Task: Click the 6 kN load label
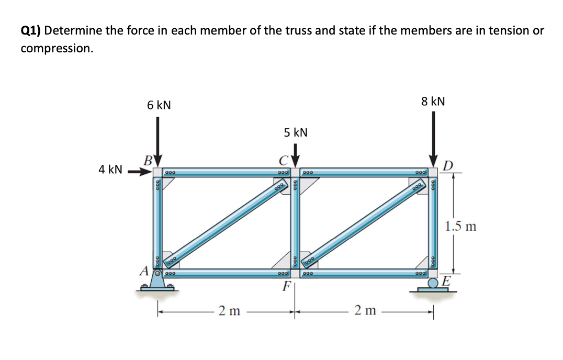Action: pyautogui.click(x=159, y=105)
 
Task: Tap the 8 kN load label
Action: pyautogui.click(x=433, y=101)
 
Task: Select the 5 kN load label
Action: pyautogui.click(x=296, y=132)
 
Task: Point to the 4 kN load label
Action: pyautogui.click(x=110, y=170)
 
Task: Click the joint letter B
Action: pyautogui.click(x=148, y=160)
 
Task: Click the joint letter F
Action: pyautogui.click(x=286, y=287)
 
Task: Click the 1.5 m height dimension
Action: pyautogui.click(x=460, y=227)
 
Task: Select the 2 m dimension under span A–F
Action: pyautogui.click(x=229, y=311)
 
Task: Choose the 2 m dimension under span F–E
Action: pyautogui.click(x=364, y=311)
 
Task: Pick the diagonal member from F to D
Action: pyautogui.click(x=365, y=222)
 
